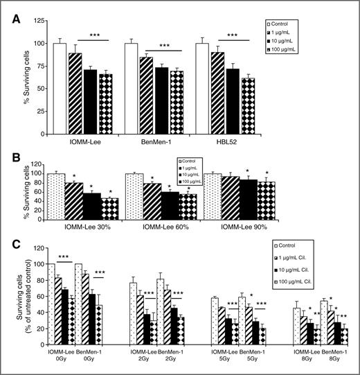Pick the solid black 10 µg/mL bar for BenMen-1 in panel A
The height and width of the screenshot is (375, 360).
(x=161, y=100)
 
